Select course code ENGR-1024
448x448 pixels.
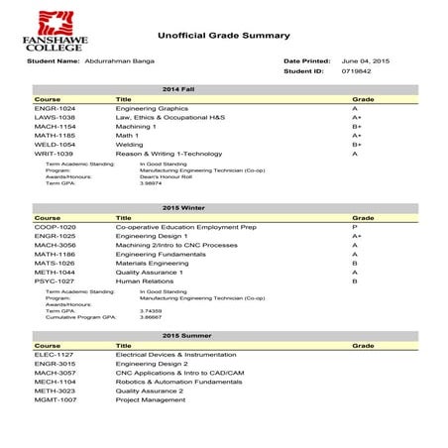(x=56, y=109)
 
